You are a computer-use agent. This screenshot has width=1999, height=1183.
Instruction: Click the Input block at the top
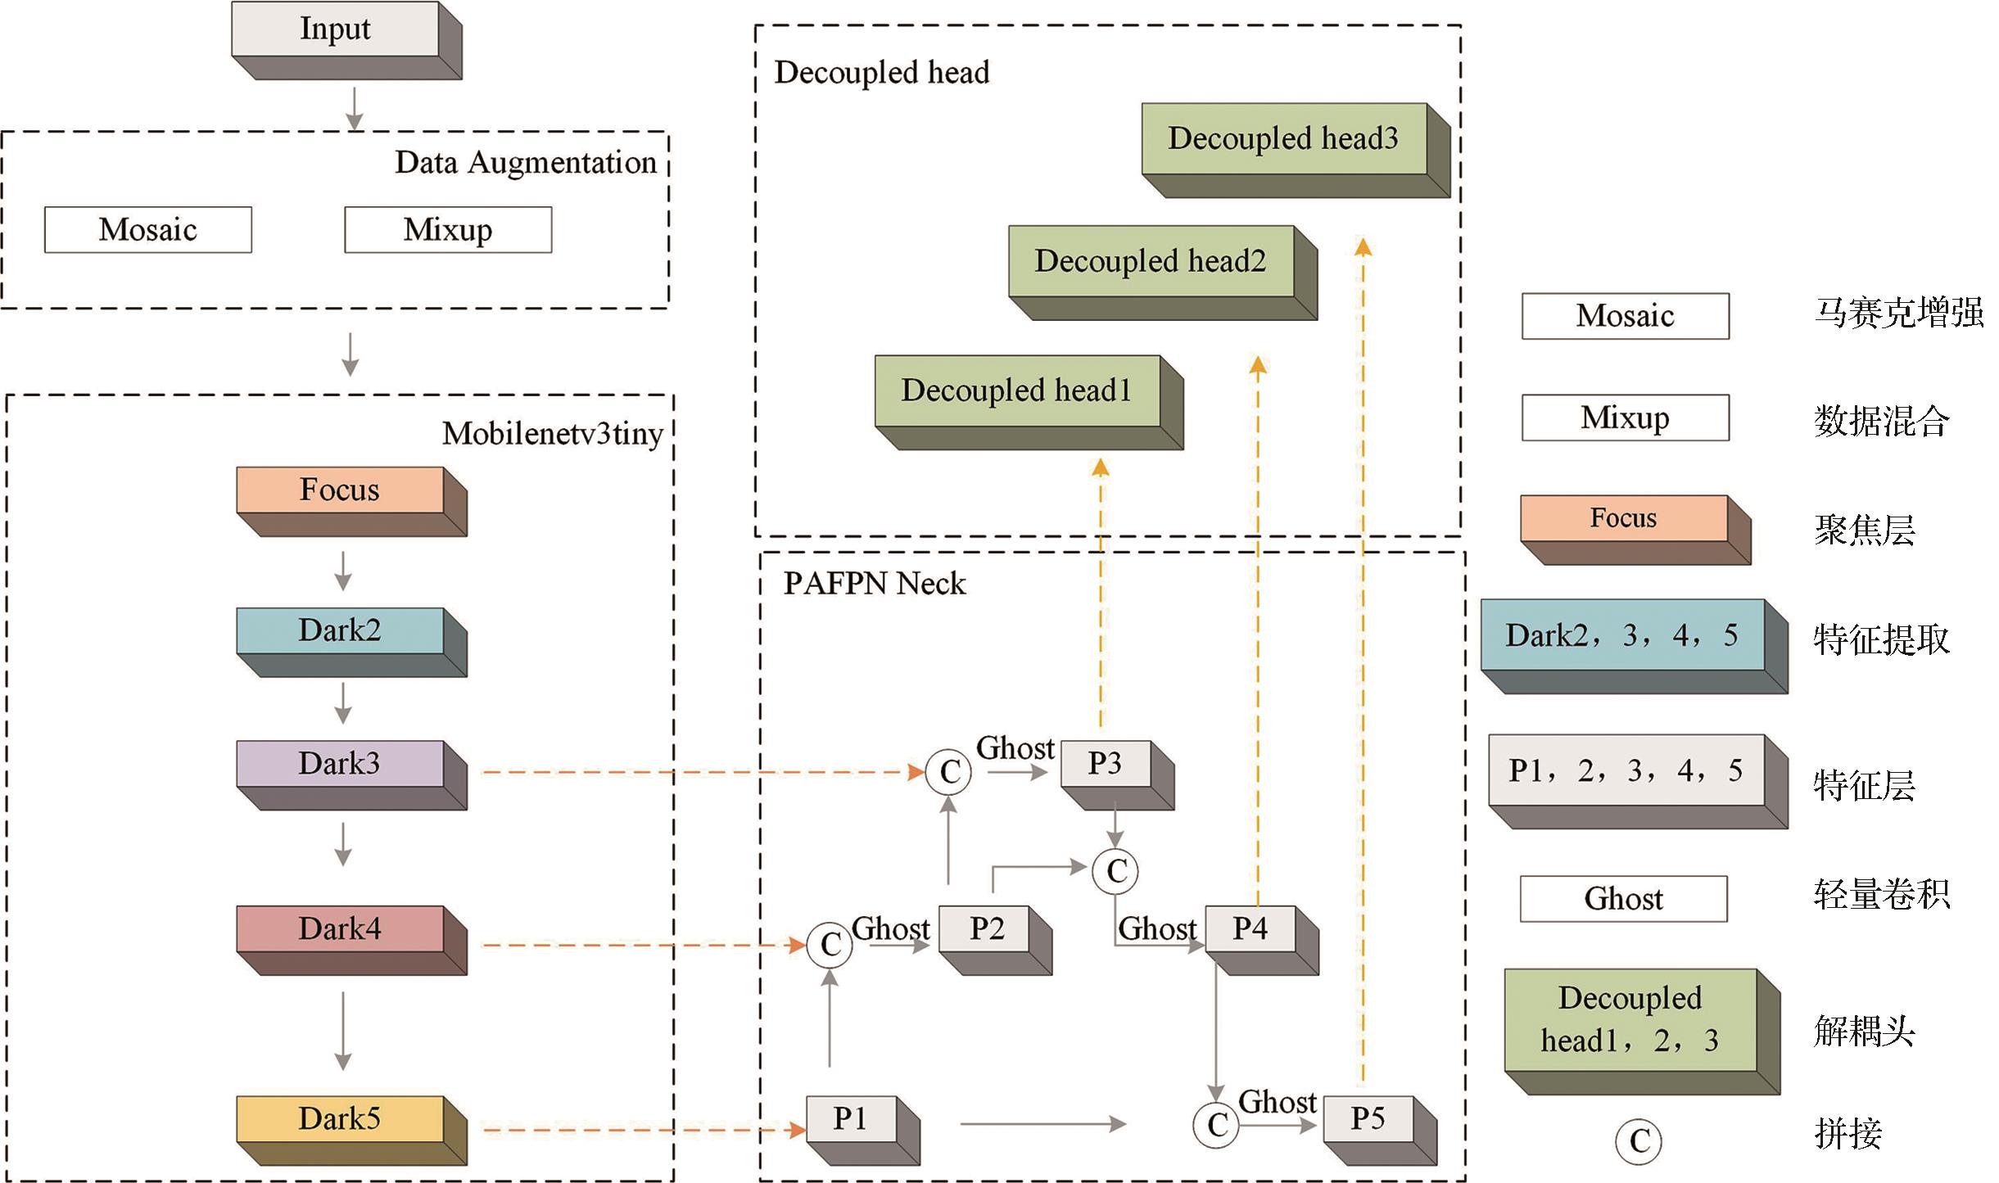tap(336, 30)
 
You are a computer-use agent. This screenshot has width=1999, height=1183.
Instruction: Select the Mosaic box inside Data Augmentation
tap(148, 230)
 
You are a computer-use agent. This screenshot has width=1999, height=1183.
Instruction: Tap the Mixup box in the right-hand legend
tap(1625, 418)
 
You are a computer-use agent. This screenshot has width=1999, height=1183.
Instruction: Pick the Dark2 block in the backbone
tap(341, 631)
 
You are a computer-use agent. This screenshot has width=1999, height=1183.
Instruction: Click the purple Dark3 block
tap(341, 764)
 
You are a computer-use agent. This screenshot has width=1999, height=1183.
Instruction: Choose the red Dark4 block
tap(341, 929)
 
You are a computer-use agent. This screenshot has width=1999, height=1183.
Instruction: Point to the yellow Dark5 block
tap(341, 1119)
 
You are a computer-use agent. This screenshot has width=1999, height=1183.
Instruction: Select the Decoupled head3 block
tap(1284, 139)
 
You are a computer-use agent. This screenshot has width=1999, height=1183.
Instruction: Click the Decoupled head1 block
tap(1017, 391)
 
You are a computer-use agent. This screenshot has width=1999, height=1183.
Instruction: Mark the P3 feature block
tap(1106, 764)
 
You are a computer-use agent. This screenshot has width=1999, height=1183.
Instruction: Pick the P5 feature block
tap(1368, 1119)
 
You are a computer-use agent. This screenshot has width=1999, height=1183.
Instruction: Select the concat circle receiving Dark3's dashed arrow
tap(948, 772)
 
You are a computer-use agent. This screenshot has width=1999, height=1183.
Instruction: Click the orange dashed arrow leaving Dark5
tap(639, 1131)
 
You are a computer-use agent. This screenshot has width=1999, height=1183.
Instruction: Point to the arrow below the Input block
tap(354, 108)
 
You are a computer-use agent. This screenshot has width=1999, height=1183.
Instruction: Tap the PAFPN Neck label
tap(875, 584)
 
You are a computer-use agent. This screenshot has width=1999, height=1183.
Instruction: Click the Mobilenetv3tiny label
tap(553, 434)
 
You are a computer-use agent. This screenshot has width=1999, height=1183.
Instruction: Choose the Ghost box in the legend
tap(1623, 899)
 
